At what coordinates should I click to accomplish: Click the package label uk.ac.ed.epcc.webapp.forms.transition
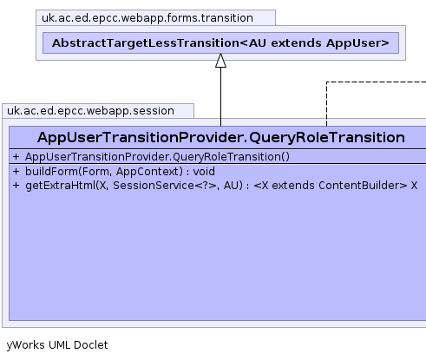click(x=147, y=18)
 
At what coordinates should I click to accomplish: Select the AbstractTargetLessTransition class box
click(x=220, y=43)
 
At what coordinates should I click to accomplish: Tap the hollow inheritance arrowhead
click(x=220, y=61)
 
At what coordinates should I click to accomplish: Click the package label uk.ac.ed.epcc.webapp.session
click(x=90, y=111)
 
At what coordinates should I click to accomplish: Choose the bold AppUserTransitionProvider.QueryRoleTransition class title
click(x=221, y=137)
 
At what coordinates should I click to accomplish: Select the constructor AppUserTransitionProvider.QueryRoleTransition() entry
click(x=157, y=157)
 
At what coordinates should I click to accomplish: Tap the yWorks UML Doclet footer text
click(x=57, y=345)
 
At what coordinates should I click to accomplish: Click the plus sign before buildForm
click(x=16, y=172)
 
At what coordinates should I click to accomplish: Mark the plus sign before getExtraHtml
click(x=16, y=186)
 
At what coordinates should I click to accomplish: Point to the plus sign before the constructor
click(x=16, y=157)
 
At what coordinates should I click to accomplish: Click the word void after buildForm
click(x=204, y=172)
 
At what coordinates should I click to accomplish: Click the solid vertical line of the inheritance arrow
click(x=220, y=97)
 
